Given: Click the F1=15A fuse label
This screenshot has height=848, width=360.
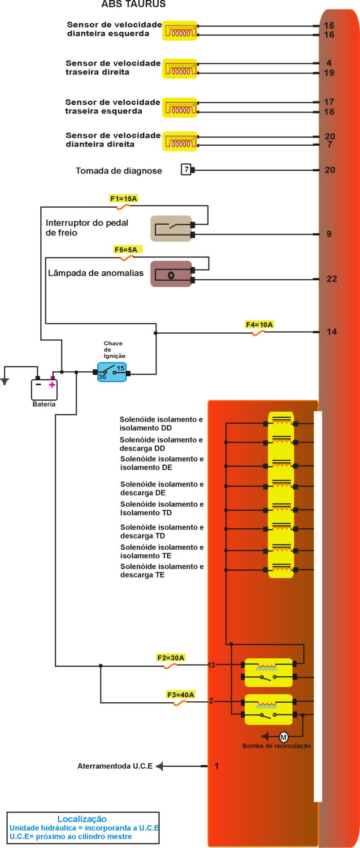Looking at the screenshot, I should pos(123,198).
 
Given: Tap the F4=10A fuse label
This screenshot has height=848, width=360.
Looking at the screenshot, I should pos(259,325).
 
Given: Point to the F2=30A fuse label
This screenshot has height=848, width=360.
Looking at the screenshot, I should pos(171,658).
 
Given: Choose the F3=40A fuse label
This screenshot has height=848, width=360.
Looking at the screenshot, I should pos(181,695).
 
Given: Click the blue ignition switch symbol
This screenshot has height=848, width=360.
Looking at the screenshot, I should pos(112,372).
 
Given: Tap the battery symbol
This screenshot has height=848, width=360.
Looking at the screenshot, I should pos(44,389).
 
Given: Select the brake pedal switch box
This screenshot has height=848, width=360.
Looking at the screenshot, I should pos(171,229).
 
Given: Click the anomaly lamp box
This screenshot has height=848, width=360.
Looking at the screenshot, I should pos(171,274).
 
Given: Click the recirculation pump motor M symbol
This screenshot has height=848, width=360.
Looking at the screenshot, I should pos(283,736).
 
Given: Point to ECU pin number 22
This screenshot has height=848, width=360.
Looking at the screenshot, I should pos(332,279).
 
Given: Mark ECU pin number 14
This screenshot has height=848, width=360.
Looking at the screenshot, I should pos(332,332).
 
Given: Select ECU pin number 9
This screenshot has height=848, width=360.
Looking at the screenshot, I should pos(329,234).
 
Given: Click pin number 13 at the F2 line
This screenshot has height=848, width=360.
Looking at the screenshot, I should pos(211,665).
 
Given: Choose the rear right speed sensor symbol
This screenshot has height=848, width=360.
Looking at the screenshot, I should pos(179,69).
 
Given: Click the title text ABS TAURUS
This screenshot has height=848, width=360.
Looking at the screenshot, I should pos(134,4).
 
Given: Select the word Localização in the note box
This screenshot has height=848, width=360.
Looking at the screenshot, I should pos(82,819).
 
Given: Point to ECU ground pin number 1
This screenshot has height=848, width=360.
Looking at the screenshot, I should pos(217,766).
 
